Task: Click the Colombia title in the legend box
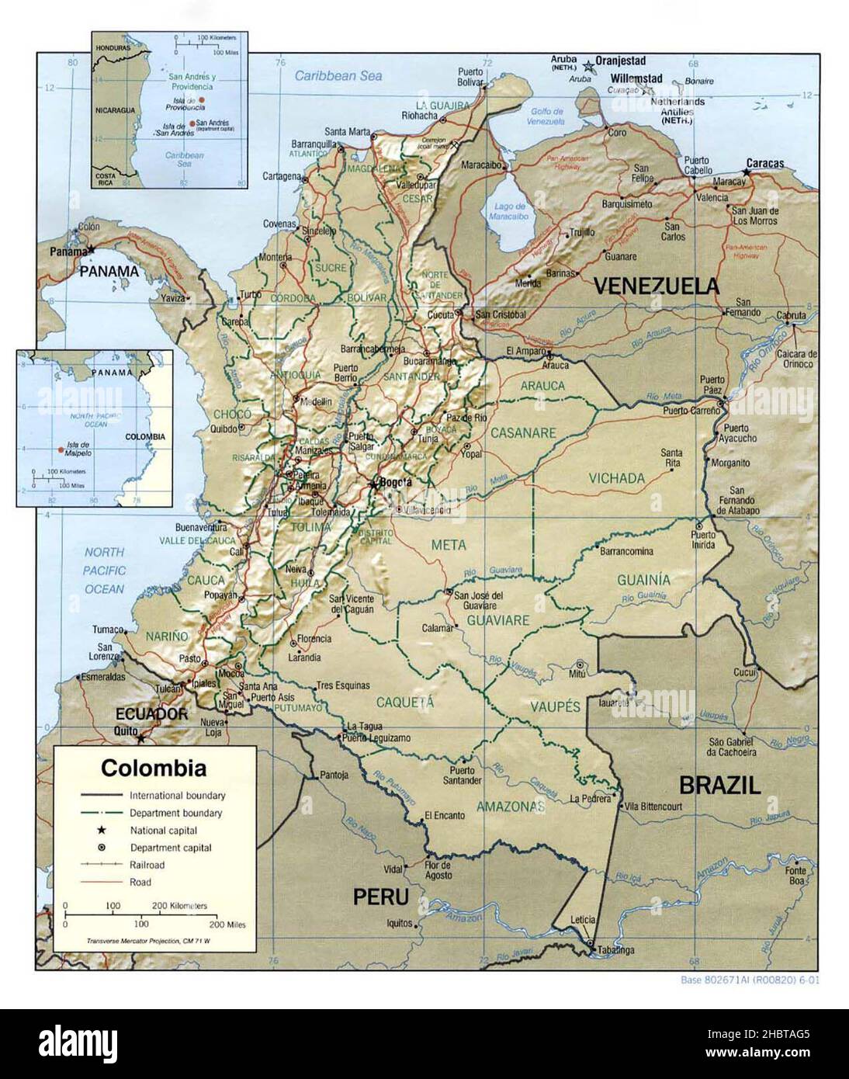coord(154,768)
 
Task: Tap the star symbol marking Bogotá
coord(374,484)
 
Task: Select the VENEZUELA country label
coord(657,286)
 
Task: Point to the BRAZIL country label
coord(719,784)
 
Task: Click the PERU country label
coord(380,897)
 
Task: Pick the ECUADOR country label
coord(151,713)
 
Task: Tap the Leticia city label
coord(583,920)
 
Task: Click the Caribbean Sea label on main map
coord(338,76)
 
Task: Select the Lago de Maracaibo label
coord(508,212)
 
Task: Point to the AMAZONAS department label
coord(511,807)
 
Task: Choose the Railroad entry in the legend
coord(147,865)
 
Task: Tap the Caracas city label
coord(764,164)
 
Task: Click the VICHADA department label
coord(616,479)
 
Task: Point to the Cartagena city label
coord(281,176)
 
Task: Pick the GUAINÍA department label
coord(665,580)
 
